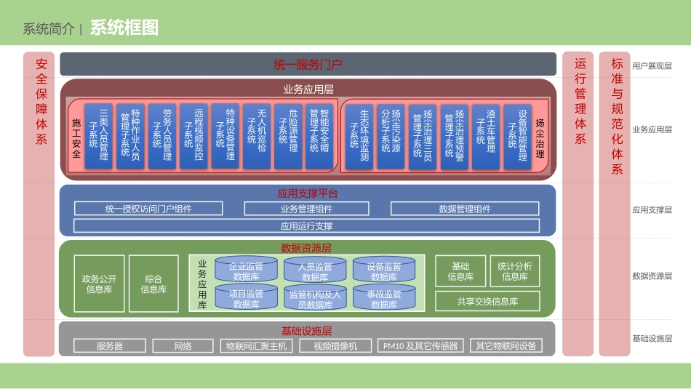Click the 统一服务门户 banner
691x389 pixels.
[308, 64]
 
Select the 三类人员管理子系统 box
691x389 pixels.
[98, 136]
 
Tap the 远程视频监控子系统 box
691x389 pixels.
[193, 136]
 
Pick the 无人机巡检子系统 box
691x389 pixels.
[257, 136]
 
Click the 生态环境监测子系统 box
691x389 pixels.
[359, 136]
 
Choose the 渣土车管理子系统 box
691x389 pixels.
[486, 136]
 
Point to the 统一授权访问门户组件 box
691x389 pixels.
[148, 209]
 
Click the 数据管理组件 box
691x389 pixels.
[465, 209]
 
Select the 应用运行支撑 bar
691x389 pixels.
[306, 226]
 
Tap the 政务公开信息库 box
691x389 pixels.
[99, 284]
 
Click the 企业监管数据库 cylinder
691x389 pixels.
[246, 270]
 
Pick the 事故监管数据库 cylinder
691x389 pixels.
[384, 298]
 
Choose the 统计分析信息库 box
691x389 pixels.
[515, 271]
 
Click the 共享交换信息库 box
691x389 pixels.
[487, 301]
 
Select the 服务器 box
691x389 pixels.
[110, 346]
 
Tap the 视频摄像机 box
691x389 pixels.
[335, 346]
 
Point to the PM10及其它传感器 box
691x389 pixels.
[420, 346]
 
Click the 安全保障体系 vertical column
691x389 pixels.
[39, 204]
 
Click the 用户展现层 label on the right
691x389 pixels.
[652, 65]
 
